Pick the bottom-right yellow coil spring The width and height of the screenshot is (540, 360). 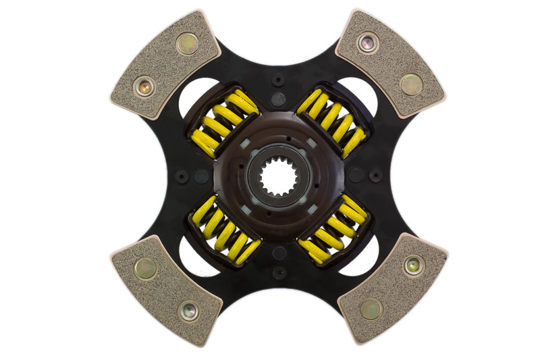point(333,232)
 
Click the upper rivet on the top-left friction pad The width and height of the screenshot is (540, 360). point(187,44)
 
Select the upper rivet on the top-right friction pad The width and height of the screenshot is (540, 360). point(368,43)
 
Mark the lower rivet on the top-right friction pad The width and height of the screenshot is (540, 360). point(411,84)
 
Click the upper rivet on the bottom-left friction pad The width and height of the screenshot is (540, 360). point(145,268)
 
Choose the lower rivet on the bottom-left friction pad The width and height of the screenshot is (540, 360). point(188,311)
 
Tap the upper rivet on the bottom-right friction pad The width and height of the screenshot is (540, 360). point(413,266)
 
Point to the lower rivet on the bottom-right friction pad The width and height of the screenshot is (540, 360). point(370,309)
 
